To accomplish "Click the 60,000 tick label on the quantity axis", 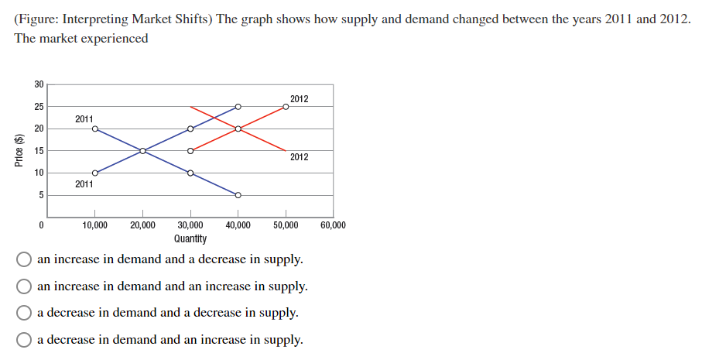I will click(x=333, y=225).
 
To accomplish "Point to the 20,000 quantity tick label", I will click(x=142, y=225).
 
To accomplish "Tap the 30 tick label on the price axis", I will click(x=39, y=84).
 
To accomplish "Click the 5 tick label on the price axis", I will click(x=42, y=195).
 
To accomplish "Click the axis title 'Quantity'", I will click(x=190, y=238).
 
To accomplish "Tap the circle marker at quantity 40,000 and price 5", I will click(x=238, y=195).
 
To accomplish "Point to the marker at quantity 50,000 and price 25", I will click(x=286, y=106).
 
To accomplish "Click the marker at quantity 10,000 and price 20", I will click(x=94, y=129).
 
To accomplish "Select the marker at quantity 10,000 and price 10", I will click(x=94, y=173).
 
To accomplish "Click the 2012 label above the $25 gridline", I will click(x=299, y=98).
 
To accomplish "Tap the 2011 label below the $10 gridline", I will click(x=84, y=184).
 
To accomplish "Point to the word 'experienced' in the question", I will click(x=115, y=38).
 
